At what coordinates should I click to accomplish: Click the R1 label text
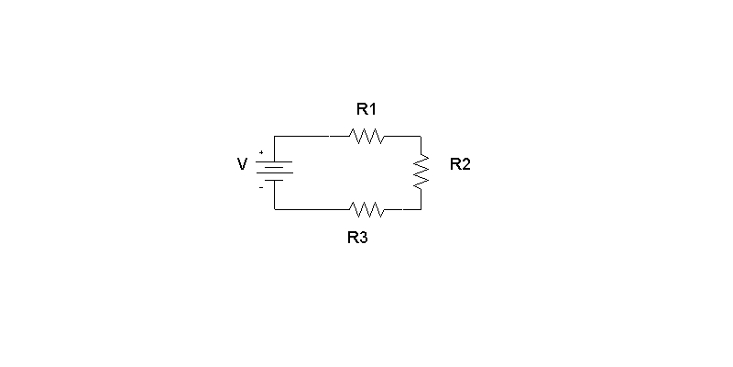coord(366,109)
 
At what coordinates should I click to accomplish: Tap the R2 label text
coord(460,164)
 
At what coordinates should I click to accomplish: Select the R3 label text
coord(357,238)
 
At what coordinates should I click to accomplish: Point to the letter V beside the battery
coord(242,164)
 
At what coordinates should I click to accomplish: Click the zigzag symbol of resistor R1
coord(366,136)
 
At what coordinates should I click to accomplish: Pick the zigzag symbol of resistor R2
coord(421,172)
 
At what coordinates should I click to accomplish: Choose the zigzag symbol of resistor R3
coord(366,210)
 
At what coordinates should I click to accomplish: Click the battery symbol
coord(274,171)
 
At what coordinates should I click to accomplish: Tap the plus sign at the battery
coord(261,152)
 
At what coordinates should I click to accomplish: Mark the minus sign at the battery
coord(261,188)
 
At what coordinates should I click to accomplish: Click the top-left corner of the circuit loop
coord(274,136)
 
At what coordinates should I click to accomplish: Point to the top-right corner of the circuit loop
coord(421,136)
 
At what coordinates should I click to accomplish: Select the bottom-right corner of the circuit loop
coord(421,210)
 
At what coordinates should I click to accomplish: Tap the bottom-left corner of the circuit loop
coord(274,210)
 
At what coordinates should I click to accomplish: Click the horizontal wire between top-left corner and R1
coord(312,136)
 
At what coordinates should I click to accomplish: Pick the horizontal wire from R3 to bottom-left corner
coord(312,210)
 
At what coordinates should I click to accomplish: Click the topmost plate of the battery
coord(274,162)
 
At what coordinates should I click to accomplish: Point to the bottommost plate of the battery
coord(274,180)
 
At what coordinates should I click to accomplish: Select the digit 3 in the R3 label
coord(364,238)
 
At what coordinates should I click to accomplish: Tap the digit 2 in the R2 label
coord(465,164)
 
